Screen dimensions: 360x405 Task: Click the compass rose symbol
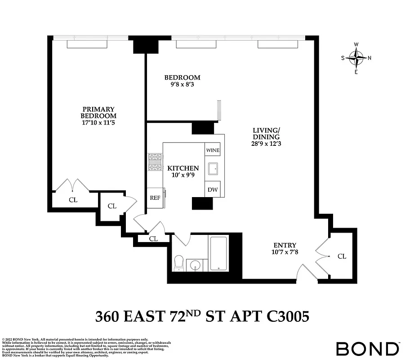tap(356, 58)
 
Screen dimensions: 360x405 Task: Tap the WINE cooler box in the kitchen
tap(212, 150)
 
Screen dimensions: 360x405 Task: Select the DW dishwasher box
tap(212, 190)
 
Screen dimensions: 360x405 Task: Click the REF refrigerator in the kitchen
tap(155, 198)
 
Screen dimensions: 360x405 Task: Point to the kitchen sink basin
tap(213, 169)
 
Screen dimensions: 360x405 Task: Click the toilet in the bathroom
tap(179, 263)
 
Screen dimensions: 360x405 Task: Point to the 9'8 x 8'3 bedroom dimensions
tap(182, 85)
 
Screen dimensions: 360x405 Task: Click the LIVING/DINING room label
tap(266, 134)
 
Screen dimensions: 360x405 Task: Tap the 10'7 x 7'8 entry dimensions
tap(285, 252)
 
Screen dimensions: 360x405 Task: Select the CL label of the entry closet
tap(342, 256)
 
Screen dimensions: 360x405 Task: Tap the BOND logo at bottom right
tap(367, 348)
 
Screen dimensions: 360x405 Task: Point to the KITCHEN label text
tap(183, 168)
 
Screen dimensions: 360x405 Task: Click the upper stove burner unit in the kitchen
tap(155, 157)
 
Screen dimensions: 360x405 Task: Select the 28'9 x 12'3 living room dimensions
tap(266, 144)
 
